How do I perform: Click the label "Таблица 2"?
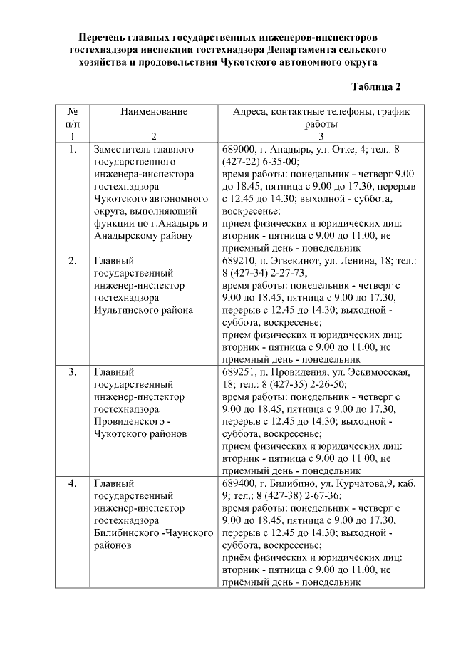pyautogui.click(x=376, y=87)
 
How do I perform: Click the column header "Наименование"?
pyautogui.click(x=153, y=112)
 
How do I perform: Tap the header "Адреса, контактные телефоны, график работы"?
pyautogui.click(x=321, y=118)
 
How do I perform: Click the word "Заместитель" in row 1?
pyautogui.click(x=123, y=150)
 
